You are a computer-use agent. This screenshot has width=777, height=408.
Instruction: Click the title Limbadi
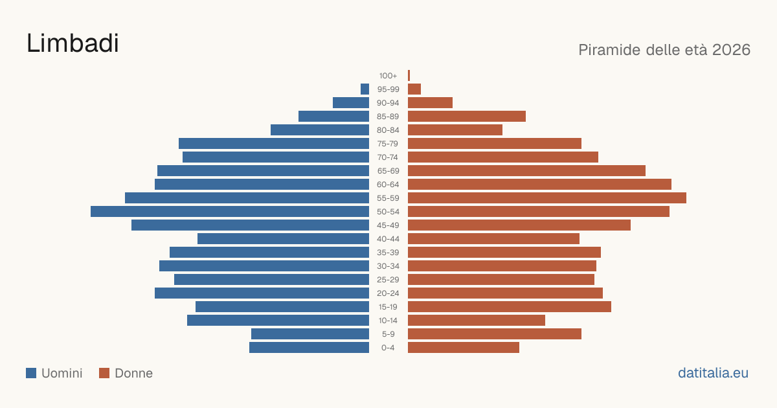[73, 43]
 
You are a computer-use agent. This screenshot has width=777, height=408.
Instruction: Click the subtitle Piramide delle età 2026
[664, 50]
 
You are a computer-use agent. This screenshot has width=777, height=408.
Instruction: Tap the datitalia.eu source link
[713, 373]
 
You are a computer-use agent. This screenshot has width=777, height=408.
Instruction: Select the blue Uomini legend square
[31, 373]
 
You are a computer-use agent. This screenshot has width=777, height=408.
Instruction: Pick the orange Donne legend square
[104, 373]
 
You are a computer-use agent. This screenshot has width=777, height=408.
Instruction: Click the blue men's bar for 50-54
[230, 212]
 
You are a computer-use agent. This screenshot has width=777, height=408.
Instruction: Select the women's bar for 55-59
[547, 198]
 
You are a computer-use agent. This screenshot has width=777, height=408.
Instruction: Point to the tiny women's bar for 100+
[409, 76]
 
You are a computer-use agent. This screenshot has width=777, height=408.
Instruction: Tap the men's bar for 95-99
[365, 89]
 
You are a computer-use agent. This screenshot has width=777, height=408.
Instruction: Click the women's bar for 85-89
[467, 116]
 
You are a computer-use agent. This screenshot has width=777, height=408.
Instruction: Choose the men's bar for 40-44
[284, 239]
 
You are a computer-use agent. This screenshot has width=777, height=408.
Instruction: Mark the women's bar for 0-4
[464, 348]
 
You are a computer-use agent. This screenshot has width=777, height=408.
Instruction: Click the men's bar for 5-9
[310, 334]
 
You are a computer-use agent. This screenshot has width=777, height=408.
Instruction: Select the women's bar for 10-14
[477, 320]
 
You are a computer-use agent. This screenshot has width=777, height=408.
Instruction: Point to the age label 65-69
[388, 171]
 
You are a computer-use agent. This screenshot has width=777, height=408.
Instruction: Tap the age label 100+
[388, 76]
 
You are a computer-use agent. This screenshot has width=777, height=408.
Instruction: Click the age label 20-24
[388, 293]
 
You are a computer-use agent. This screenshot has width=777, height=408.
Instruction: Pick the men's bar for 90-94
[351, 103]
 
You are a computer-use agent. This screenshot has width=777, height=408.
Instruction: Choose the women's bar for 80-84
[455, 130]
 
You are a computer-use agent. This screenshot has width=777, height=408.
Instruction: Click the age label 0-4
[388, 348]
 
